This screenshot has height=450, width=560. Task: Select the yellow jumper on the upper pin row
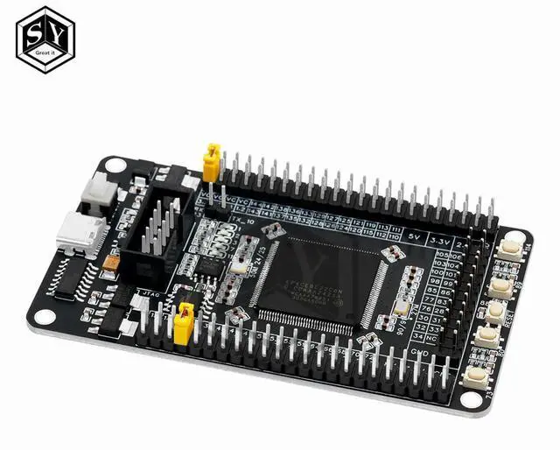coord(211,164)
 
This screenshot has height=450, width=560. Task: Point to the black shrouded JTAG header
coord(157,228)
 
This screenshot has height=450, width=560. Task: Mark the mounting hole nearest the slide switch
coord(112,165)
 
